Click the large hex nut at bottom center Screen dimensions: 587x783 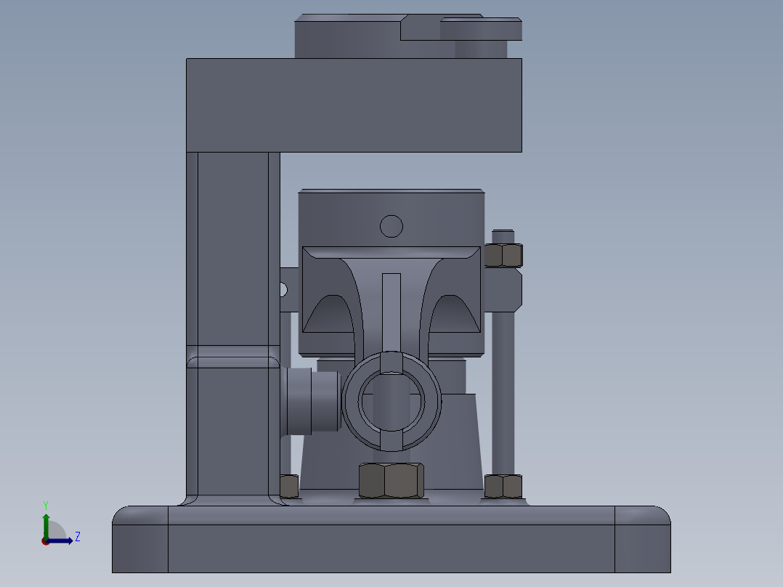coord(391,480)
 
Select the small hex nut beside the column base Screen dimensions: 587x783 coord(288,485)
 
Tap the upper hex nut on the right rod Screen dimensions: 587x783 coord(503,255)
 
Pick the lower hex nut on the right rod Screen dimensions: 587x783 coord(503,486)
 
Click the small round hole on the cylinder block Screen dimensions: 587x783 coord(391,226)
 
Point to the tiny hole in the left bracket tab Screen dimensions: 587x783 coord(284,290)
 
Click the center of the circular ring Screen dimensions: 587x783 coord(391,400)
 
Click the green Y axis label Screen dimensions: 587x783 coord(45,504)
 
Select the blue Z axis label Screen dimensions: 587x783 coord(77,537)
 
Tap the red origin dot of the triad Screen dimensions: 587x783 coord(45,541)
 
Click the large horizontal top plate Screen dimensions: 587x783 coord(354,105)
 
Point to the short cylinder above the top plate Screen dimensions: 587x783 coord(480,49)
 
